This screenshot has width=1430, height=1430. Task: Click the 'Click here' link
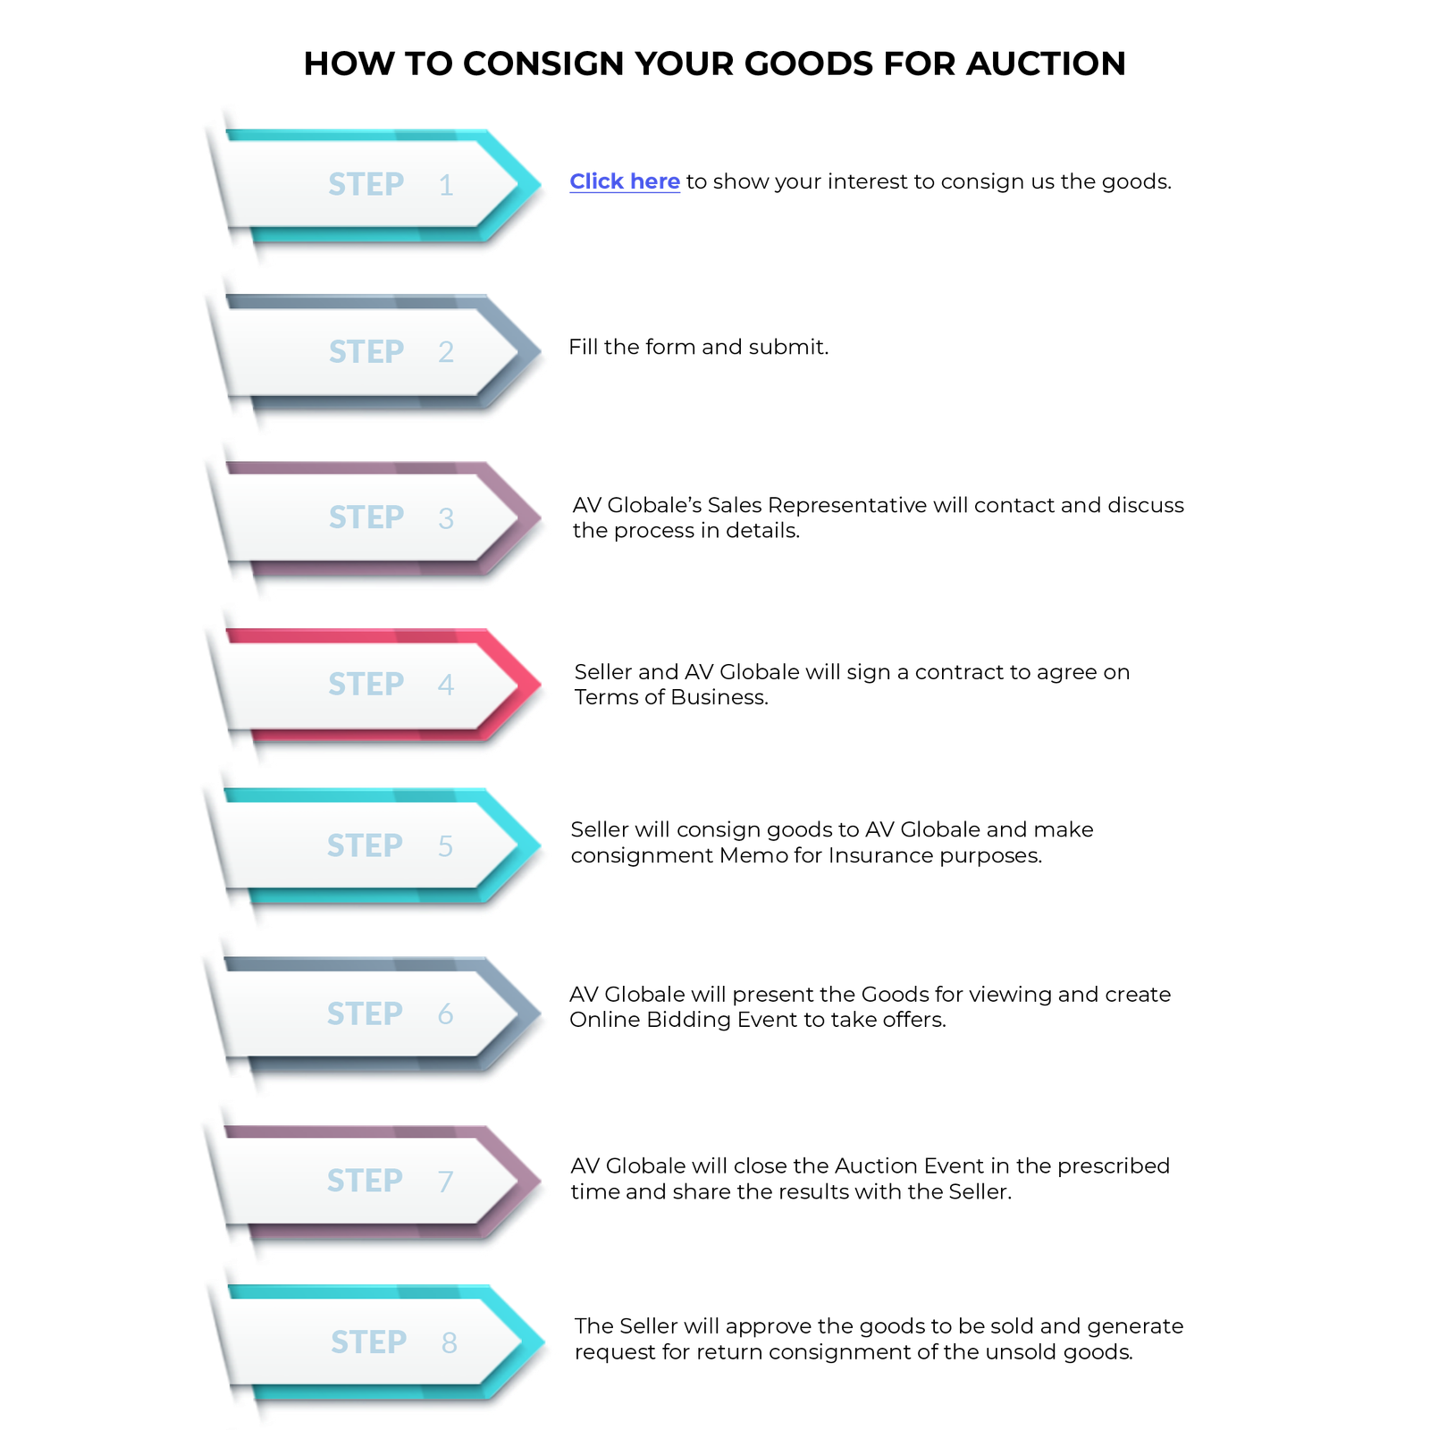[x=624, y=181]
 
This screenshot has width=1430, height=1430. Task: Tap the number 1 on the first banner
[x=446, y=185]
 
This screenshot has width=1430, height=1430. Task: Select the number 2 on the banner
[x=446, y=352]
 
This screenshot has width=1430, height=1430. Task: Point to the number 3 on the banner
[x=446, y=518]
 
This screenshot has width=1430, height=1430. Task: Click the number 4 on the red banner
[x=446, y=685]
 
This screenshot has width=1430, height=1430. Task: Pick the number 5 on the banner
[x=445, y=845]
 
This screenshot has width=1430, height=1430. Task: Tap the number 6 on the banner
[x=445, y=1014]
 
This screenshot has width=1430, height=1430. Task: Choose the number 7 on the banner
[x=445, y=1181]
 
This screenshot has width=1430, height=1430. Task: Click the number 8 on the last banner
[x=449, y=1342]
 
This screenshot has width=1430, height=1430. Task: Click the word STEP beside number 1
[x=366, y=184]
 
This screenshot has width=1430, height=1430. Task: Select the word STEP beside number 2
[x=366, y=351]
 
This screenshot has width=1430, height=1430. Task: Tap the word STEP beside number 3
[x=366, y=517]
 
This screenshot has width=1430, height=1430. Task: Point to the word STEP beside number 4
[x=366, y=684]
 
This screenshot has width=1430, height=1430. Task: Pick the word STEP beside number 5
[x=365, y=845]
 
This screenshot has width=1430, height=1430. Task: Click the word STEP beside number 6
[x=365, y=1014]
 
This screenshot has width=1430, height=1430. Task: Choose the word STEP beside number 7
[x=365, y=1180]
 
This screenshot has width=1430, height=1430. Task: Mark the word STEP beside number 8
[x=368, y=1342]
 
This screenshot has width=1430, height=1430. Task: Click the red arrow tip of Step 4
[x=531, y=684]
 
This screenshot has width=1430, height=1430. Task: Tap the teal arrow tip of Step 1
[x=531, y=182]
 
